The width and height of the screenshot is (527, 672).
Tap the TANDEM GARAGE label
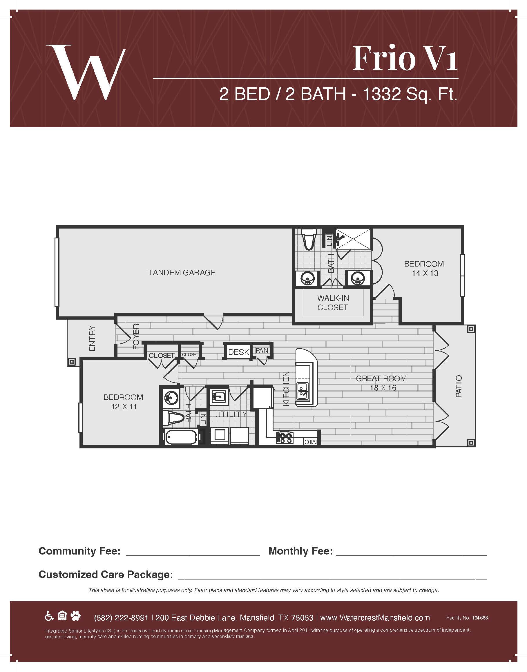[182, 272]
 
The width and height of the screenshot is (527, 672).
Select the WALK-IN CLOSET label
[333, 303]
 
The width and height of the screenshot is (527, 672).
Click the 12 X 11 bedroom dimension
[124, 406]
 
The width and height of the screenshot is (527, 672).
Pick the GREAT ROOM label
[381, 378]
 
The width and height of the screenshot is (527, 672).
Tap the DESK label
[238, 352]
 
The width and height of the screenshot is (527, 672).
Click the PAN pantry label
[262, 350]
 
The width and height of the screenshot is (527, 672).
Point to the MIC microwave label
[310, 442]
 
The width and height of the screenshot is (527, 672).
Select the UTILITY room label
[231, 414]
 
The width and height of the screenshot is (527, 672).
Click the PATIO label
[459, 386]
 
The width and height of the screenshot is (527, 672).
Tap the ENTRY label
[92, 338]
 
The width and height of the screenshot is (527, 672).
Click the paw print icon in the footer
[75, 616]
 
